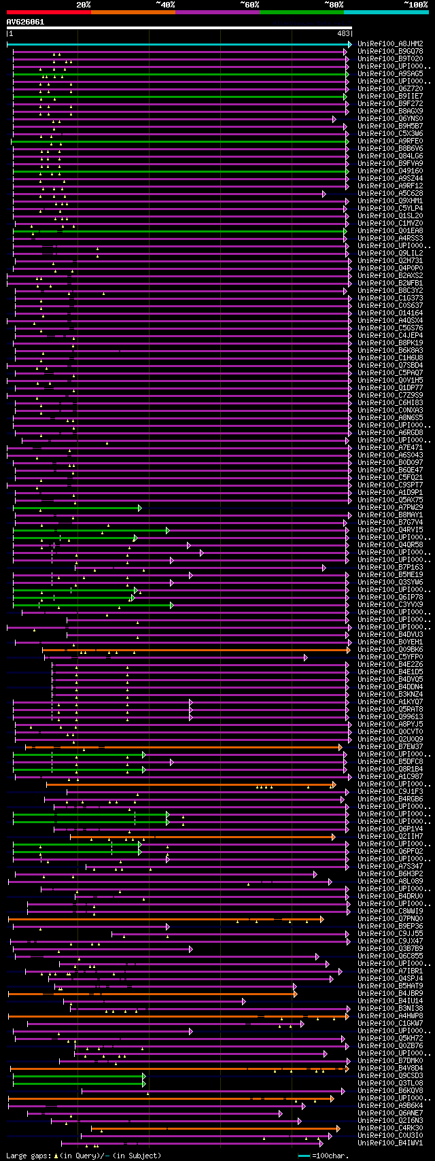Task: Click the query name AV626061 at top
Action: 25,22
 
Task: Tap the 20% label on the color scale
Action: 83,5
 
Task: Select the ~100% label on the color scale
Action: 415,5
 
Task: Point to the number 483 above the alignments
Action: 343,33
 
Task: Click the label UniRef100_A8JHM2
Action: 390,44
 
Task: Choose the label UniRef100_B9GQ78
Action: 390,51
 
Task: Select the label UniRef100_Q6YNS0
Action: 390,118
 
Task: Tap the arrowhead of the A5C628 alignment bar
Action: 324,194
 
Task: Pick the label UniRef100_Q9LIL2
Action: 390,253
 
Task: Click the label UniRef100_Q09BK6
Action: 390,649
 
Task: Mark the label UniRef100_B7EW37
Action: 390,746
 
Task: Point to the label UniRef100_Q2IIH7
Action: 390,836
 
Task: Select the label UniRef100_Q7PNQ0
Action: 390,918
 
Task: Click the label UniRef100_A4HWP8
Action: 390,1016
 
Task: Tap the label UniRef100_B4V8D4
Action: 390,1068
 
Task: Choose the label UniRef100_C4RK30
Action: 390,1128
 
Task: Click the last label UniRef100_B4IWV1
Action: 390,1143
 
